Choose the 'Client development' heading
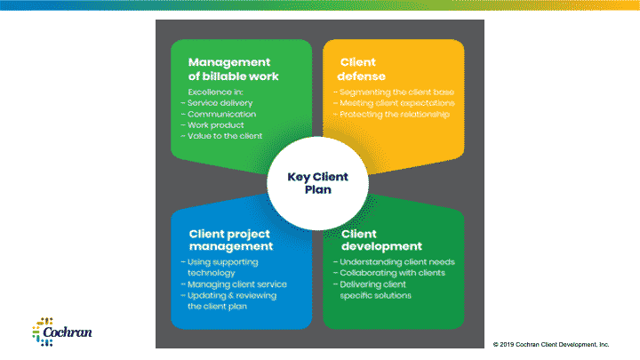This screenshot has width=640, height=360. click(x=380, y=239)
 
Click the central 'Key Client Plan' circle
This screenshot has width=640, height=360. click(x=317, y=182)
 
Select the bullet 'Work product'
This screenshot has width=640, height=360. click(x=212, y=125)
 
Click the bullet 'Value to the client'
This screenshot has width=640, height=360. click(x=221, y=136)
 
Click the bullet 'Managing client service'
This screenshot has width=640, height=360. click(x=235, y=284)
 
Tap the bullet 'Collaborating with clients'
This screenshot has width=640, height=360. click(x=394, y=273)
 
